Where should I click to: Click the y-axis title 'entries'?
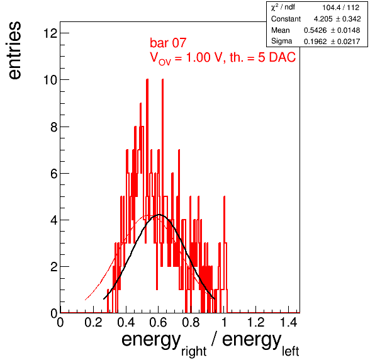15,50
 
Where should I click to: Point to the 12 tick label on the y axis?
50,33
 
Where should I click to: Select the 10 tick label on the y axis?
50,80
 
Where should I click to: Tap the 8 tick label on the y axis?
54,127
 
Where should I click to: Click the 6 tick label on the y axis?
54,174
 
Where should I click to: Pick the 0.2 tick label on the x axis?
93,322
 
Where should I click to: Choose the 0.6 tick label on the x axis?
158,322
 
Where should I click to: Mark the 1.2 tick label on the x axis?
255,322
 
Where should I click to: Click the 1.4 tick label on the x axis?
288,322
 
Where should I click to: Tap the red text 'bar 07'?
168,43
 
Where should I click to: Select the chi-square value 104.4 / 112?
340,8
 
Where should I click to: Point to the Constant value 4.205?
323,19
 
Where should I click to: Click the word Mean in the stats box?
280,30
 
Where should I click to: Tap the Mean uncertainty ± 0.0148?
345,30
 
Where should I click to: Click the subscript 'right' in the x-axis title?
194,352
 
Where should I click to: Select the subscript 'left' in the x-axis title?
290,351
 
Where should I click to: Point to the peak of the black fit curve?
159,215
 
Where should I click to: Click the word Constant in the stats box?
286,19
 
